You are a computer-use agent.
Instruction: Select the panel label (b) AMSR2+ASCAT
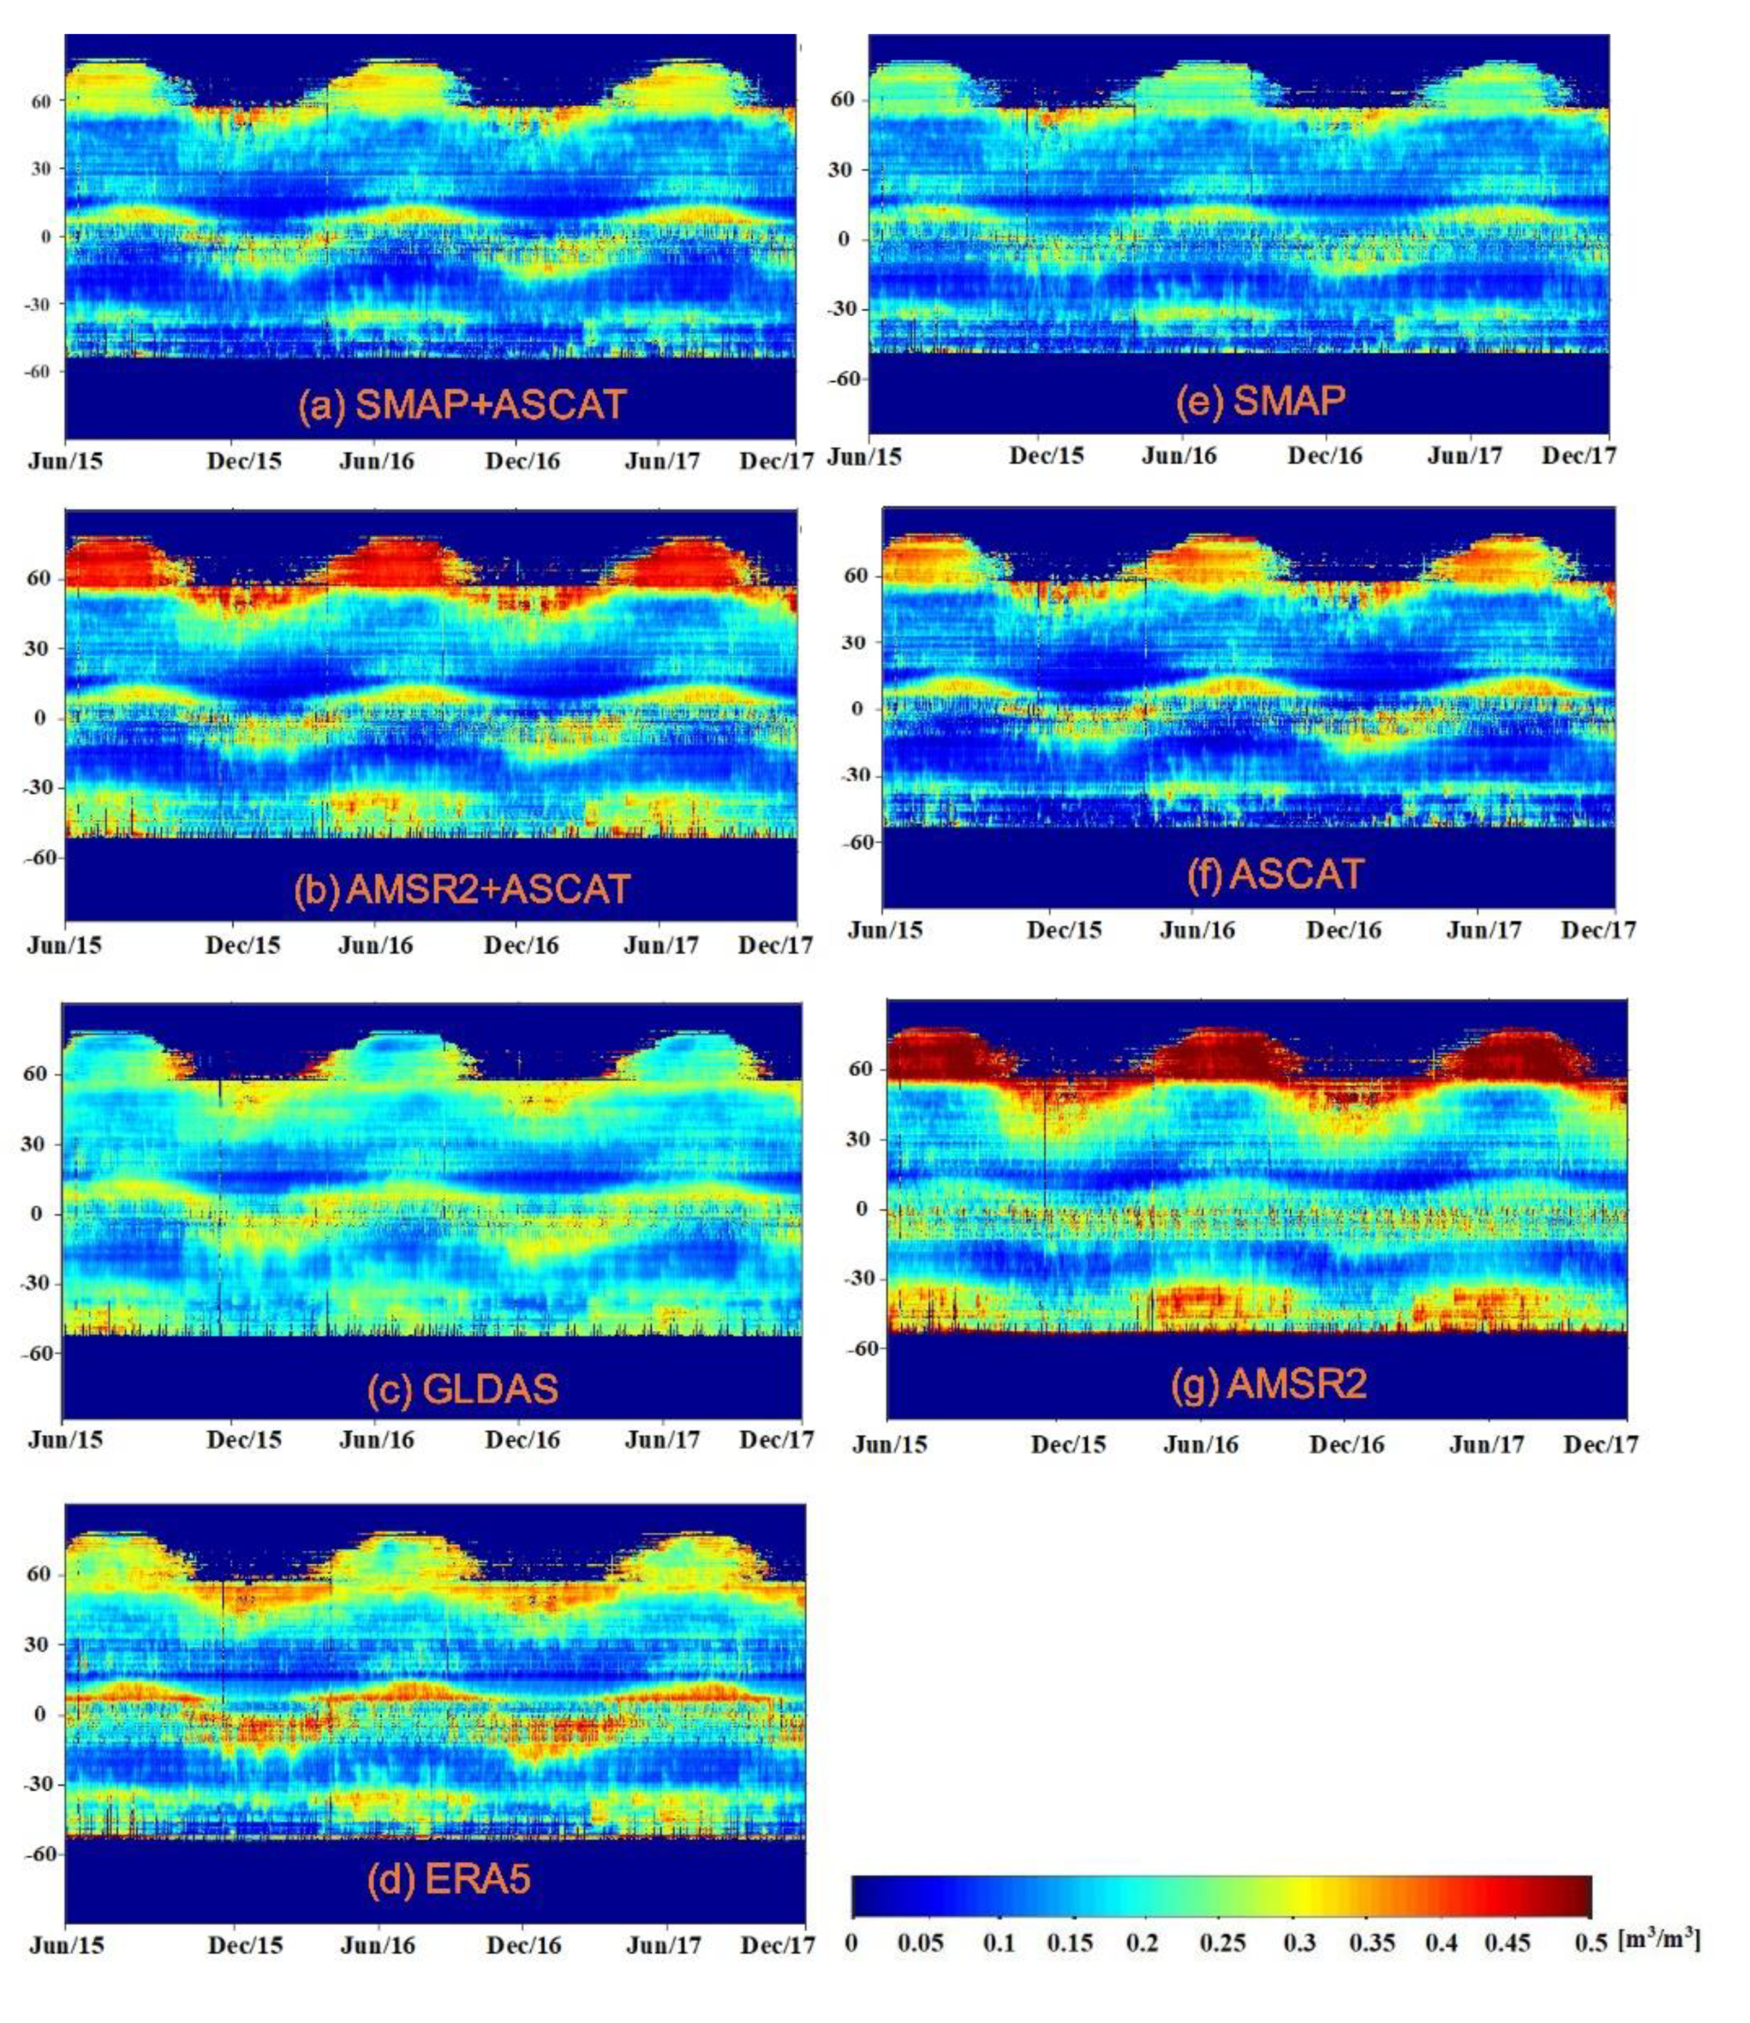(462, 888)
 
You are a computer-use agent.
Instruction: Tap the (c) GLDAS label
(462, 1389)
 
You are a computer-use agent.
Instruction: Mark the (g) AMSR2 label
(1269, 1383)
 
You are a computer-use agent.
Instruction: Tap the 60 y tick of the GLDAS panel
(34, 1074)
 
